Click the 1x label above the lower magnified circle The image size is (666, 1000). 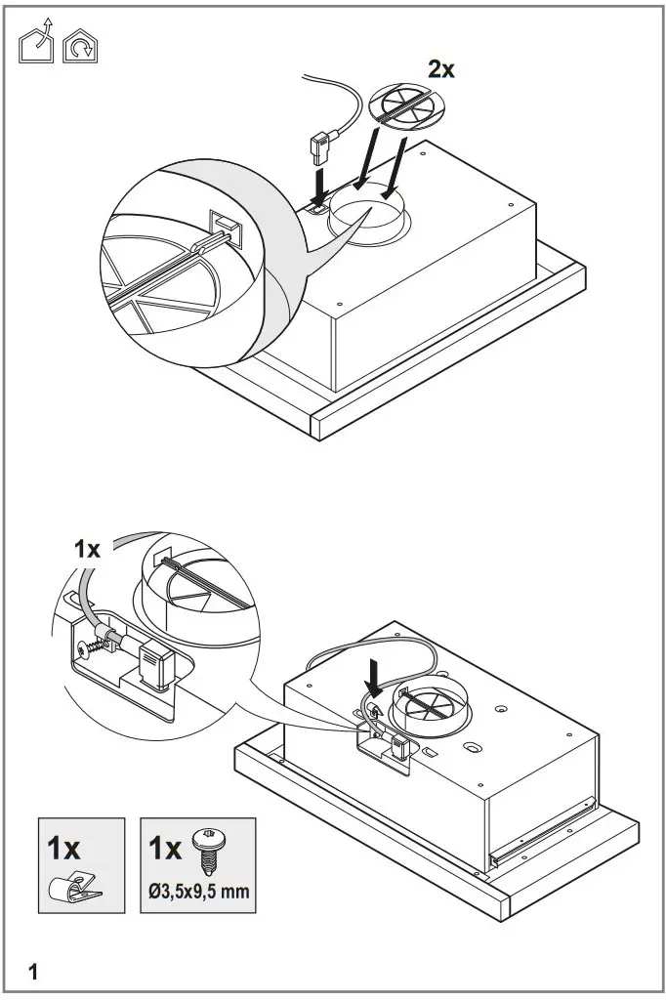point(88,549)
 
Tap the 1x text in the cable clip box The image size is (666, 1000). point(64,847)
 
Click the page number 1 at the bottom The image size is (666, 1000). point(34,972)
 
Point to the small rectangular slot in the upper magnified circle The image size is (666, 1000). point(226,228)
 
